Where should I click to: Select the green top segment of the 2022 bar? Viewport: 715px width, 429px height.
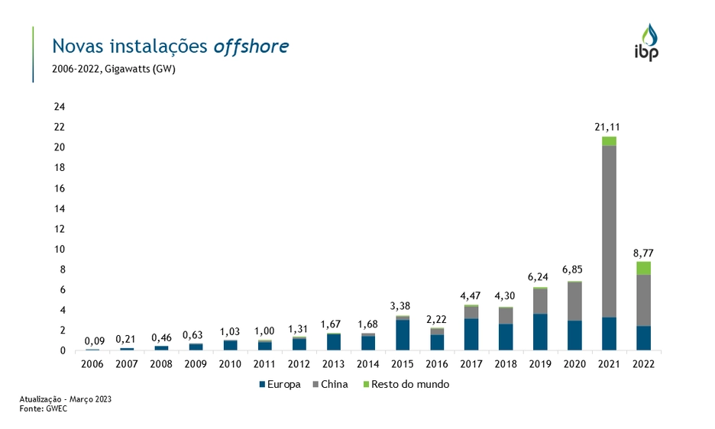pyautogui.click(x=644, y=268)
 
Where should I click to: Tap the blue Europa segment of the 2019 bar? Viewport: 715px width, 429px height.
pyautogui.click(x=540, y=332)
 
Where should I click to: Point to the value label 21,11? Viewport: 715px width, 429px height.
pyautogui.click(x=609, y=128)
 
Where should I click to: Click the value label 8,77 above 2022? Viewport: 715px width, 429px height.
pyautogui.click(x=644, y=253)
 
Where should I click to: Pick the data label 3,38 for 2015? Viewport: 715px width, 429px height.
pyautogui.click(x=402, y=306)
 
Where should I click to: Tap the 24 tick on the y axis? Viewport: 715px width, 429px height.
pyautogui.click(x=59, y=107)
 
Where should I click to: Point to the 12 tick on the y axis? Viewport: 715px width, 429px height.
pyautogui.click(x=59, y=229)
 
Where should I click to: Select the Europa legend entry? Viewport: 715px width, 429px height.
pyautogui.click(x=280, y=385)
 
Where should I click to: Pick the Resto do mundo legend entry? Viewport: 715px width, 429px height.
pyautogui.click(x=406, y=385)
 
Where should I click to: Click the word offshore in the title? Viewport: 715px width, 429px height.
pyautogui.click(x=251, y=46)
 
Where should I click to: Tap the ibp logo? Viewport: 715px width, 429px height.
pyautogui.click(x=649, y=43)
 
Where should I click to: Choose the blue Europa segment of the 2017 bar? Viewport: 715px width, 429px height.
pyautogui.click(x=471, y=334)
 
